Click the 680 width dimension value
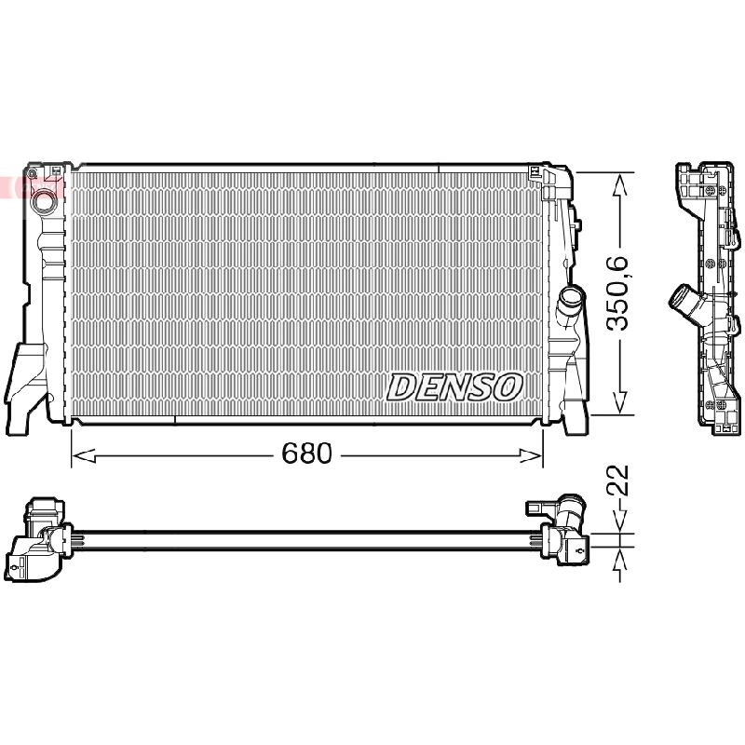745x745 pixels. [x=306, y=454]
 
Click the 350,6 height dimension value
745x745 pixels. [x=617, y=293]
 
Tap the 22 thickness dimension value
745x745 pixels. [x=617, y=481]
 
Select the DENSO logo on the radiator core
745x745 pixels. [x=454, y=386]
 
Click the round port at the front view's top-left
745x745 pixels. [x=43, y=201]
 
